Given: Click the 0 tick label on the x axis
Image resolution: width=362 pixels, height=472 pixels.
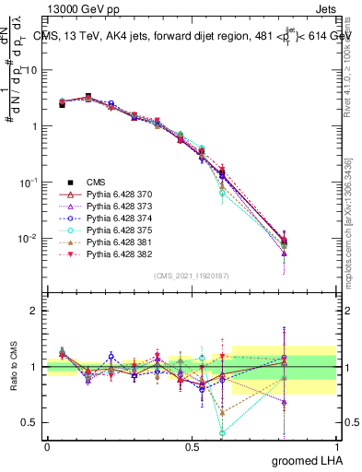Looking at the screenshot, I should [x=47, y=446].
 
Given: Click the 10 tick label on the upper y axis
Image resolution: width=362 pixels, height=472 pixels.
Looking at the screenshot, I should [x=29, y=70].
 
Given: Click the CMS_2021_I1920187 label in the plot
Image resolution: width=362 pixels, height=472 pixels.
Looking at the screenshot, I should [x=191, y=276].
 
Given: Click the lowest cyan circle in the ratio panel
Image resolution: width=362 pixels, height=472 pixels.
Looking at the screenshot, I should [x=221, y=432].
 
